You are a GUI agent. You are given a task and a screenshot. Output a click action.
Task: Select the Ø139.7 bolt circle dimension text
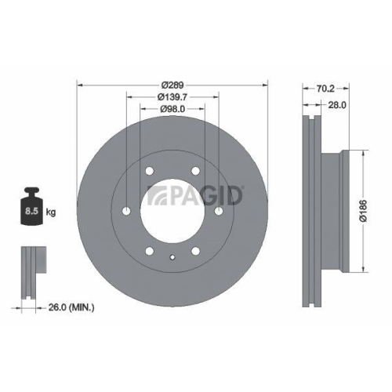click(x=172, y=96)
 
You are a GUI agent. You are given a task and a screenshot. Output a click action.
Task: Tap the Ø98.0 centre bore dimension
click(x=172, y=109)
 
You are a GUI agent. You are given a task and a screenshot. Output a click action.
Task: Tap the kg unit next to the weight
click(x=52, y=212)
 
